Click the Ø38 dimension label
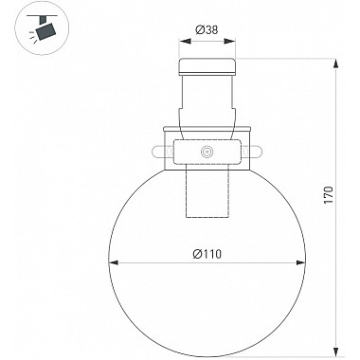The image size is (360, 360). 207,30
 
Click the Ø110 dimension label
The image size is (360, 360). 207,254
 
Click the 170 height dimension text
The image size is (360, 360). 329,195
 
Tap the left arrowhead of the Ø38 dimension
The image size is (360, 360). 186,42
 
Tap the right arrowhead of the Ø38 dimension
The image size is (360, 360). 229,42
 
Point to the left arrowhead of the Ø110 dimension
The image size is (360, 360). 114,262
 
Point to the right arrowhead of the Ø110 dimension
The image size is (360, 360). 300,262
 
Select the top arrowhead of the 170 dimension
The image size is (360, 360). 337,64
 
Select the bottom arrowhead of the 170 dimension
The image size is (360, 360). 337,351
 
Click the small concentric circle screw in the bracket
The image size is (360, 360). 207,152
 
